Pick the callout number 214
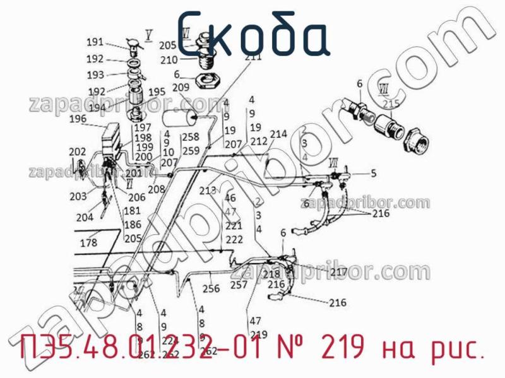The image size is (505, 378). point(278,134)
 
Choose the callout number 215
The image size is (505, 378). point(391,103)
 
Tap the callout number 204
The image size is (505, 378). point(84,218)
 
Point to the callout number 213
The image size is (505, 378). point(208,191)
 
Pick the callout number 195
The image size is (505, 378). point(157,92)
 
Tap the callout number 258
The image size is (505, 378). point(191,137)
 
